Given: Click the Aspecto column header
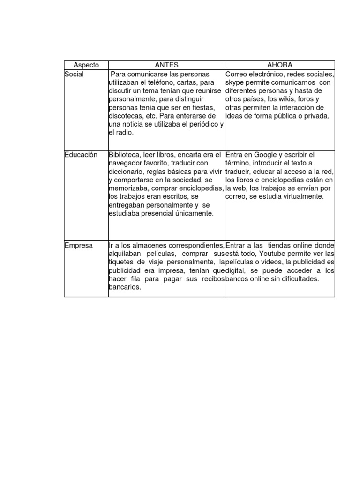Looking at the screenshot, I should (x=86, y=65).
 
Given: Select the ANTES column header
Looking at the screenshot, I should (x=166, y=65).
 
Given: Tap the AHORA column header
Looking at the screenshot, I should (x=280, y=65).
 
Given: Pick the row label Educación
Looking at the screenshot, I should (x=82, y=155).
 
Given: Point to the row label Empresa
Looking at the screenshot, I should (x=79, y=245).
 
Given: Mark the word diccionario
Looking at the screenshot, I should (x=126, y=172).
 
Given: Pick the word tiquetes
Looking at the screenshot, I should (x=122, y=262).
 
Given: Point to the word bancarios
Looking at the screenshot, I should (x=124, y=287).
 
